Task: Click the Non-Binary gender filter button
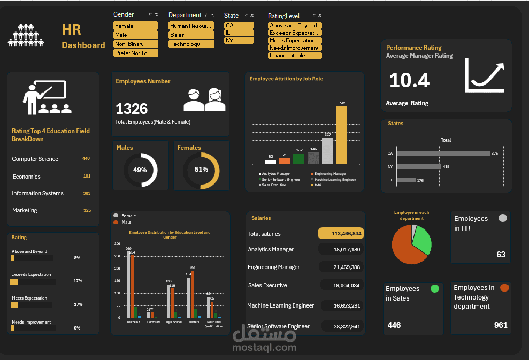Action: pyautogui.click(x=136, y=44)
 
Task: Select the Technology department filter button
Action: pyautogui.click(x=190, y=44)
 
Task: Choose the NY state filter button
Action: pyautogui.click(x=239, y=40)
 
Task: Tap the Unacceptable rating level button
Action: pyautogui.click(x=295, y=55)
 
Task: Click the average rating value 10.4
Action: pyautogui.click(x=409, y=80)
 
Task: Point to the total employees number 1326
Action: pyautogui.click(x=132, y=109)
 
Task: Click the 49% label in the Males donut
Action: pyautogui.click(x=140, y=170)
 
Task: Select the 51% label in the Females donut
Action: pyautogui.click(x=201, y=170)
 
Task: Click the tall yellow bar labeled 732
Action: pyautogui.click(x=341, y=135)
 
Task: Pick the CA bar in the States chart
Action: pyautogui.click(x=443, y=154)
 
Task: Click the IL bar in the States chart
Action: pyautogui.click(x=406, y=180)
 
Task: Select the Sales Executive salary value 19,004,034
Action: pyautogui.click(x=343, y=285)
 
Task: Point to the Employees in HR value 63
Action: pyautogui.click(x=501, y=254)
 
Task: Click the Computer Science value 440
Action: pyautogui.click(x=86, y=159)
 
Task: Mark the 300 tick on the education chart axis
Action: pyautogui.click(x=117, y=244)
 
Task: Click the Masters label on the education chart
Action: pyautogui.click(x=194, y=322)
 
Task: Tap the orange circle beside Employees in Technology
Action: pyautogui.click(x=504, y=288)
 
